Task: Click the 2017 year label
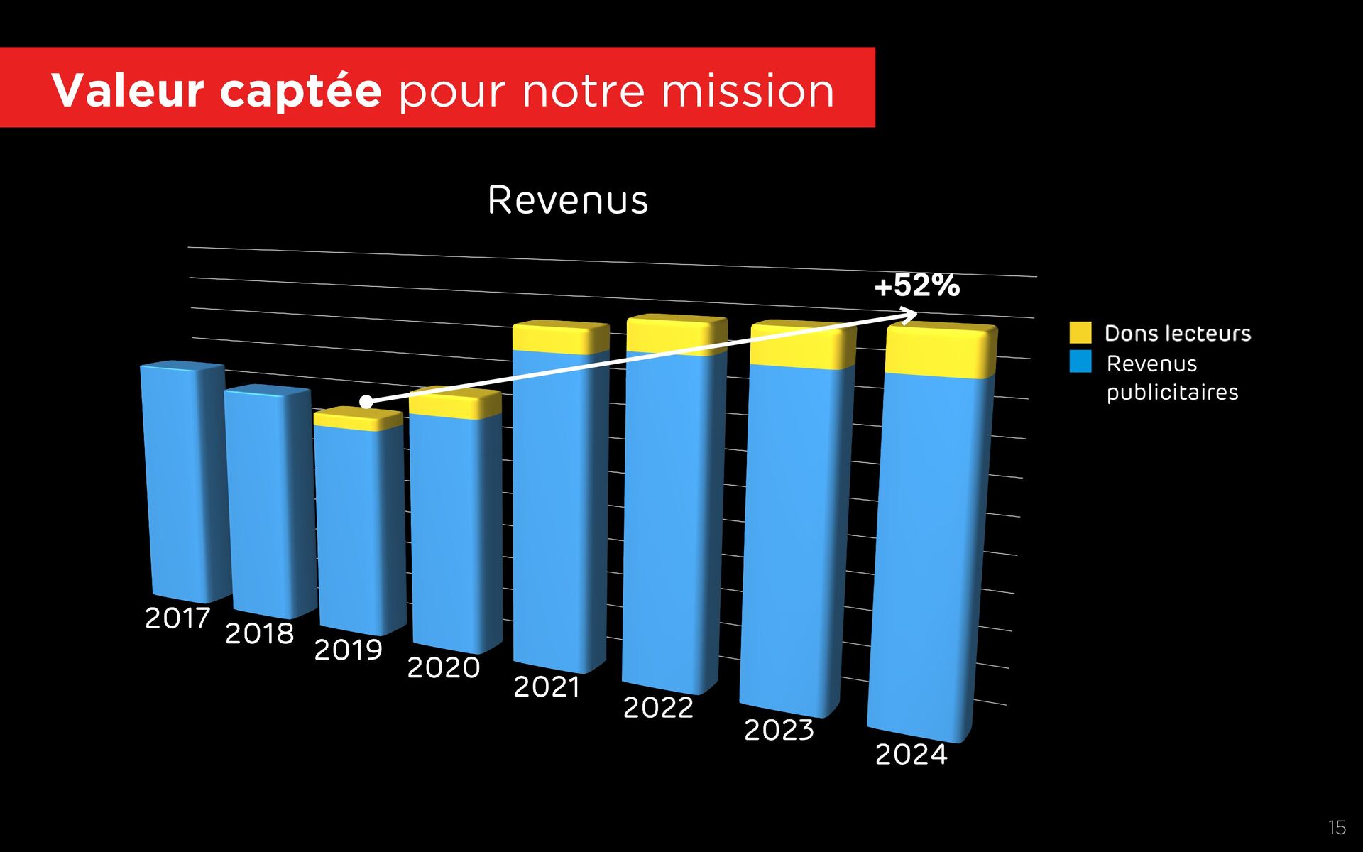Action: click(x=177, y=618)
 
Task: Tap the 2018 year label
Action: click(x=259, y=633)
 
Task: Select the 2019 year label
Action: click(x=348, y=650)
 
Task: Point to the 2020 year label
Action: click(x=444, y=667)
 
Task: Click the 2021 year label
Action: click(x=547, y=687)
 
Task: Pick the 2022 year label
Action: click(x=658, y=707)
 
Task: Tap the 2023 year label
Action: click(x=779, y=730)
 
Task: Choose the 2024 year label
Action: click(x=911, y=754)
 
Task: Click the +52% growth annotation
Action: click(x=916, y=285)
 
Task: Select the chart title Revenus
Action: click(x=568, y=200)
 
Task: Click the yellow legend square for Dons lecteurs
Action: click(x=1080, y=332)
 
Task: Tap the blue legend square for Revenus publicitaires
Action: click(x=1080, y=361)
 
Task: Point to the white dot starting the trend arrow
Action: click(x=366, y=402)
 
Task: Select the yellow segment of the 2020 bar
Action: click(x=454, y=405)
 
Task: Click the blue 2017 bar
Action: click(x=183, y=483)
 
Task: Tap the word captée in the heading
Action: click(x=300, y=90)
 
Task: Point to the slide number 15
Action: click(x=1337, y=827)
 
